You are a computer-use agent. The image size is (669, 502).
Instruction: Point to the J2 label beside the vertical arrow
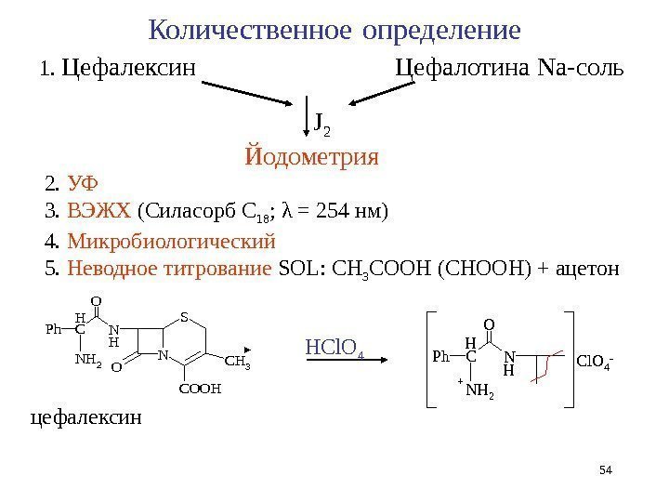click(321, 121)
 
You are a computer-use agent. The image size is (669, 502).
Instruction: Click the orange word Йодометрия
click(312, 155)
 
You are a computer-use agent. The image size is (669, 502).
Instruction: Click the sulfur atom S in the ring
click(184, 317)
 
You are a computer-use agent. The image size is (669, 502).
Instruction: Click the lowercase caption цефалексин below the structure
click(87, 417)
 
